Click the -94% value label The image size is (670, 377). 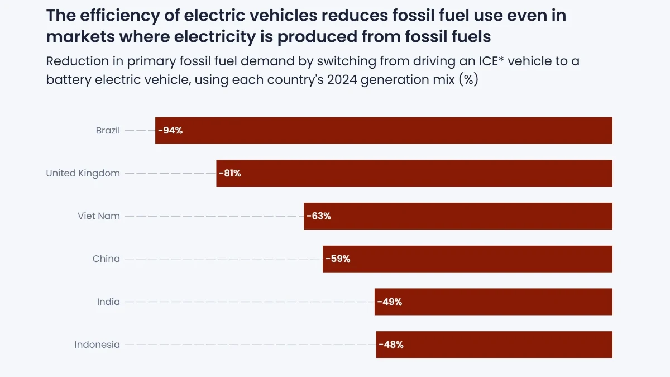[x=170, y=131]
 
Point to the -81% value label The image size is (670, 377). [x=229, y=173]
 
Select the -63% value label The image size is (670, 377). [x=318, y=216]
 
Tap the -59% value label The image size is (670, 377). [x=338, y=259]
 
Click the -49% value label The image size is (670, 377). [x=389, y=302]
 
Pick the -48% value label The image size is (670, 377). [x=391, y=345]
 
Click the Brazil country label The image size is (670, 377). [x=108, y=131]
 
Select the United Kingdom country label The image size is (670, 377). [x=83, y=173]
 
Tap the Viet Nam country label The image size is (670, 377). [x=99, y=216]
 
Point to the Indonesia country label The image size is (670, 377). [x=97, y=345]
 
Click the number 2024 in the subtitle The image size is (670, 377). [x=342, y=79]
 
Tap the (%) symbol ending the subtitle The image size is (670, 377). [x=468, y=79]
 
